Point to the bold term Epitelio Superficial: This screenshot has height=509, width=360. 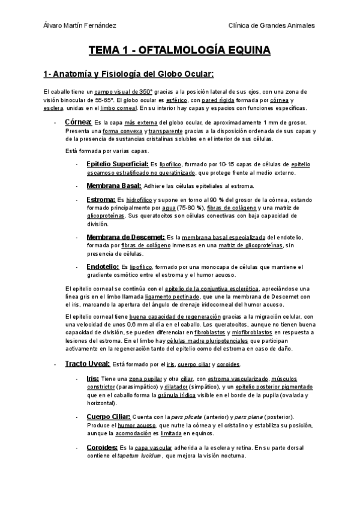pyautogui.click(x=118, y=163)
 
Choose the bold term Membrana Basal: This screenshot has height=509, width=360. pyautogui.click(x=113, y=186)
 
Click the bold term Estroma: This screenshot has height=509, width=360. pyautogui.click(x=101, y=199)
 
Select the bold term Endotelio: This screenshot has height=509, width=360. pyautogui.click(x=103, y=266)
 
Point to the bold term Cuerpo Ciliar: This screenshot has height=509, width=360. pyautogui.click(x=107, y=416)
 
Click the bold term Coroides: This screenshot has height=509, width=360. pyautogui.click(x=101, y=447)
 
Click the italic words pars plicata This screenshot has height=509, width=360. pyautogui.click(x=185, y=417)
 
